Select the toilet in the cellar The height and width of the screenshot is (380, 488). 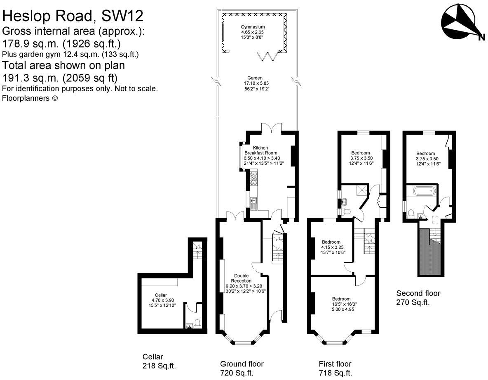click(197, 322)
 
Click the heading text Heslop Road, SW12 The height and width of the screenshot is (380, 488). click(73, 16)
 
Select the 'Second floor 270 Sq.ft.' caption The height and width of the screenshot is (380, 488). click(418, 298)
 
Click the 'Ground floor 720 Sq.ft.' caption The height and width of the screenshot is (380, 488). click(242, 368)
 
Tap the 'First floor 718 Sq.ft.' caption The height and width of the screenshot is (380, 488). click(335, 368)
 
